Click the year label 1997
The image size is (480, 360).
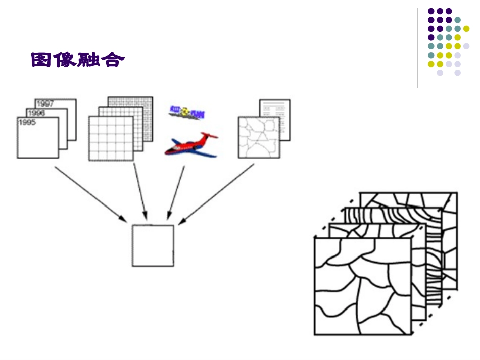45,104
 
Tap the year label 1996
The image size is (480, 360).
36,113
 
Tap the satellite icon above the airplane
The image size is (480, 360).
186,112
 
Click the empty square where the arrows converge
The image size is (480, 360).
153,245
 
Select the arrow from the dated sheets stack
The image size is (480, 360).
89,193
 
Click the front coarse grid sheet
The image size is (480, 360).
111,138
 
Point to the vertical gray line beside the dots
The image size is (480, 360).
418,48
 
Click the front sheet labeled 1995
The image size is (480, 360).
37,141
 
